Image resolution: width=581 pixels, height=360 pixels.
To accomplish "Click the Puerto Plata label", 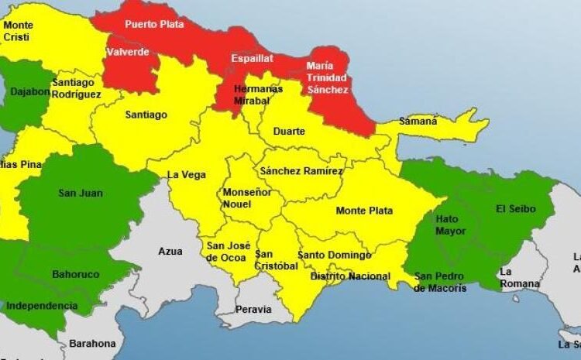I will tap(154, 24).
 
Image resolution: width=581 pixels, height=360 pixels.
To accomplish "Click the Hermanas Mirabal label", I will tap(247, 94).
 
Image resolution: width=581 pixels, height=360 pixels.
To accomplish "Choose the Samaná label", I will tap(418, 121).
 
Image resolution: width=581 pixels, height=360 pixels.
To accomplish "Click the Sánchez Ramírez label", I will tap(301, 170).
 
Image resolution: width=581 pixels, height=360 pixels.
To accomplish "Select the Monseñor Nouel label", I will tap(247, 198).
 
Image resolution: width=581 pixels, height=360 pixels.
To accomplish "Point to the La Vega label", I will tap(187, 175).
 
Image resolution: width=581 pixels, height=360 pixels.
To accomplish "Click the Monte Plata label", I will tap(364, 211).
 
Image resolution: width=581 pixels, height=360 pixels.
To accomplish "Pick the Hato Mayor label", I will tap(451, 225).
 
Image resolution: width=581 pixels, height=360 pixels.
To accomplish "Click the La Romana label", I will tap(518, 277).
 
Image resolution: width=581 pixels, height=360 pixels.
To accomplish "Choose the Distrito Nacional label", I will tap(350, 276).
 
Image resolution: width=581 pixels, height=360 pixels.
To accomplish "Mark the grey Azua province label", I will tap(170, 252).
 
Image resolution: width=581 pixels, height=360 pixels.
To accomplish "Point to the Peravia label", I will tap(254, 309).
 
